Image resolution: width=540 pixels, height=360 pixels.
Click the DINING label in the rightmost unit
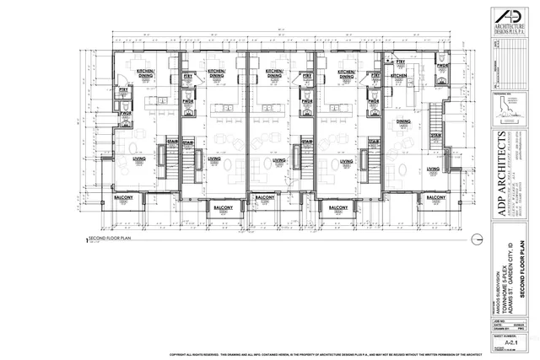coord(402,121)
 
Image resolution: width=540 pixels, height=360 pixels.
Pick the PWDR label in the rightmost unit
coord(441,65)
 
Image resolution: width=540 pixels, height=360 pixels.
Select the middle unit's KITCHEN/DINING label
coord(274,73)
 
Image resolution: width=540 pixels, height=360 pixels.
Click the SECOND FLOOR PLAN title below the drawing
coord(109,239)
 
